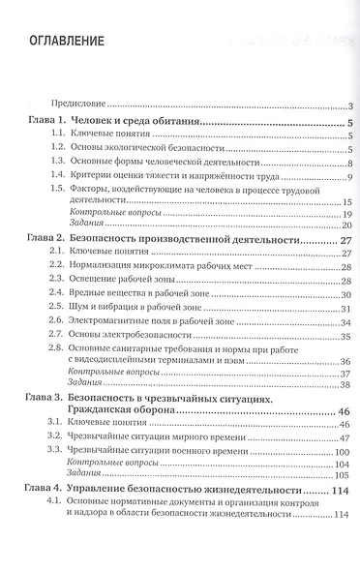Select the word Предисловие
[78, 105]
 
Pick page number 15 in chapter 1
[345, 200]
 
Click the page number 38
[345, 384]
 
